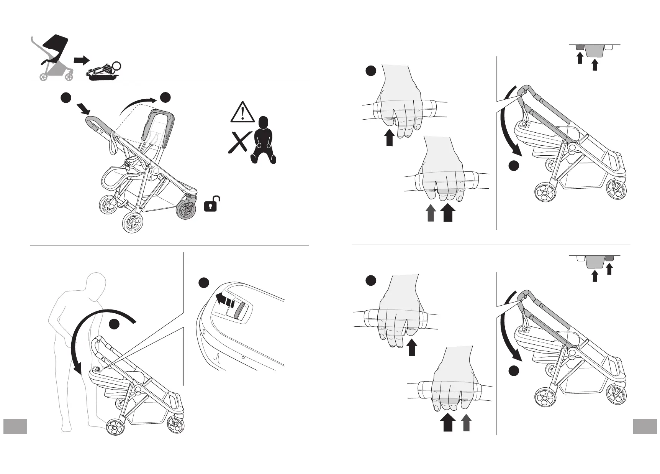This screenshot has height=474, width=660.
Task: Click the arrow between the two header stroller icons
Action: click(x=81, y=60)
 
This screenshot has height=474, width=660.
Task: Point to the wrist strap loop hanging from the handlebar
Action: click(x=113, y=144)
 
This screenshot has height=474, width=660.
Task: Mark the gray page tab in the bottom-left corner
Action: click(x=15, y=426)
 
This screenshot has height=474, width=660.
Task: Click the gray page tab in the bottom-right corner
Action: click(x=645, y=426)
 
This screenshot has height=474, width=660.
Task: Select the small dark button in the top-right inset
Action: click(x=580, y=48)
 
